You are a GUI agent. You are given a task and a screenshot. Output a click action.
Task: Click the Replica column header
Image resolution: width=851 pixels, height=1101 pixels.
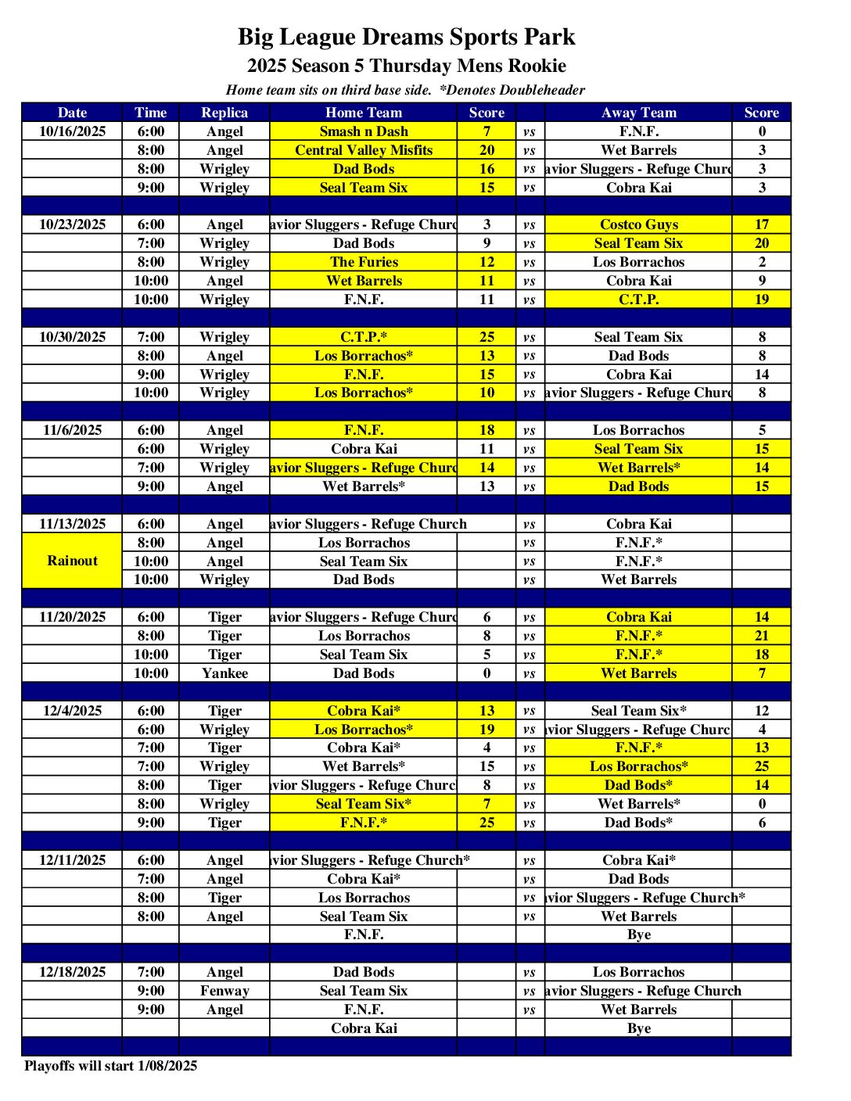224,113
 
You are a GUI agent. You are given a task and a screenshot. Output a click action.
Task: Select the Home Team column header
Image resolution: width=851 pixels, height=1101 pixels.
364,113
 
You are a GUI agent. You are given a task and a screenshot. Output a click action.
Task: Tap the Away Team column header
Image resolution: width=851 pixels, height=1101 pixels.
638,113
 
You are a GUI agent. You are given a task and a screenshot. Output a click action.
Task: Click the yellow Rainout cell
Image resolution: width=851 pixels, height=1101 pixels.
72,561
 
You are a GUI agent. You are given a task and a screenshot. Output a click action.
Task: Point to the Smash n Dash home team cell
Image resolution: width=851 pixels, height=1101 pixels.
364,131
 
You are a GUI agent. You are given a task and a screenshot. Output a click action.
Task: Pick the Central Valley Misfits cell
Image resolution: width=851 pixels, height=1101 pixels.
364,150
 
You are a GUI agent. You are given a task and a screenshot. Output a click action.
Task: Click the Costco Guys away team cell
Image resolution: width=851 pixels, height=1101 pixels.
638,224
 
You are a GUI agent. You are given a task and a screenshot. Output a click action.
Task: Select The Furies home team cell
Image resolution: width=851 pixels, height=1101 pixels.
364,262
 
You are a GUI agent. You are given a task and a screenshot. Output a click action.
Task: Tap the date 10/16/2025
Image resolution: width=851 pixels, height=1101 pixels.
72,131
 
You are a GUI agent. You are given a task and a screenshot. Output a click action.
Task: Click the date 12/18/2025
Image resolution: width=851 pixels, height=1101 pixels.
72,972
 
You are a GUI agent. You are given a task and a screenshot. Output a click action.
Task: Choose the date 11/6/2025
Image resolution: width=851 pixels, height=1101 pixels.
72,430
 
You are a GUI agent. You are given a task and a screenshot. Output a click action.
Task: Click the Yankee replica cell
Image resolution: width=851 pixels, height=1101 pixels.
224,673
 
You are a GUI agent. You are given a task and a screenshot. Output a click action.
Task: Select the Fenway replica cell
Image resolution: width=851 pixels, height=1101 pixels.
224,991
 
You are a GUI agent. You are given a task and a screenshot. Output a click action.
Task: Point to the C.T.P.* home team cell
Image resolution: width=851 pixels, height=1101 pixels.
364,337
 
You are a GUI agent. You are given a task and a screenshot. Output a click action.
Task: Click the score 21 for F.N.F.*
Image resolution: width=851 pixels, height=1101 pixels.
762,636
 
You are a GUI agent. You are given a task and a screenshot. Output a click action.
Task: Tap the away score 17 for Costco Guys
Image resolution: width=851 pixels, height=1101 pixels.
762,224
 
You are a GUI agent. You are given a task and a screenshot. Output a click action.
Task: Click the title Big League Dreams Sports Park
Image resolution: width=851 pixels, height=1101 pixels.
406,37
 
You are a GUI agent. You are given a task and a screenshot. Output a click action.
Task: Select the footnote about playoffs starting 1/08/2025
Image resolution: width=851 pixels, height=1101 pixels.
110,1066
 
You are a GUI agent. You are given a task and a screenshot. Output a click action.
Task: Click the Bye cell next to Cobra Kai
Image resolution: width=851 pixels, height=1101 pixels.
638,1028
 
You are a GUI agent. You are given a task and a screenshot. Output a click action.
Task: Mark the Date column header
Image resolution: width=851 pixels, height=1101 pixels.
72,113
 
